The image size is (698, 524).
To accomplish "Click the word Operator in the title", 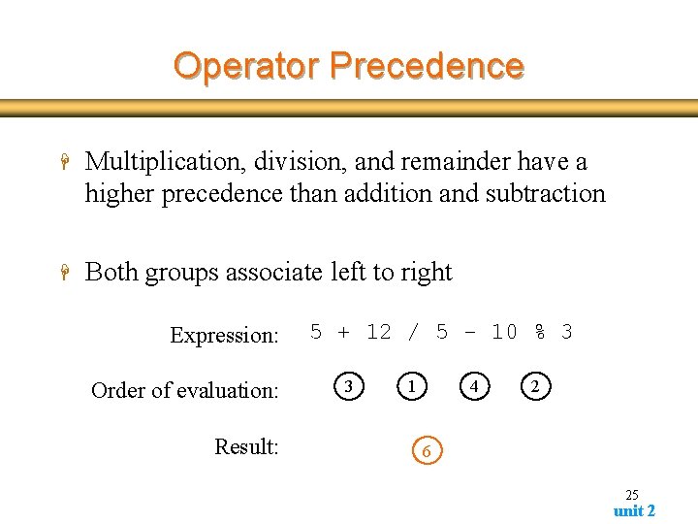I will [x=246, y=66].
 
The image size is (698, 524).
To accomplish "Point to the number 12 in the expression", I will [x=378, y=332].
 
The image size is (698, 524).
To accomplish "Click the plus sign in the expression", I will [x=344, y=332].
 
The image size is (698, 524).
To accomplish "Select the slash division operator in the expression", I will [x=414, y=332].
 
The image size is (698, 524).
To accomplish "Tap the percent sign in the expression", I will [x=539, y=332].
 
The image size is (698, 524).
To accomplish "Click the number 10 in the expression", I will [x=504, y=332].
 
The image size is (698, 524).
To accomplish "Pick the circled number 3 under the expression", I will [x=349, y=387].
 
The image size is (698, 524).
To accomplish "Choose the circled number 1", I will [x=412, y=387].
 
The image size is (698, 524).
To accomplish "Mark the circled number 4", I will [x=473, y=387].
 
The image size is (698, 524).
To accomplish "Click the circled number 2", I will [x=535, y=387].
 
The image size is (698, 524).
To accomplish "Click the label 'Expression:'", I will [x=224, y=336].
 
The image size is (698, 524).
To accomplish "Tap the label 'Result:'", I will [x=246, y=446].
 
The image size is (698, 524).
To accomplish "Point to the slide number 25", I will [x=631, y=495].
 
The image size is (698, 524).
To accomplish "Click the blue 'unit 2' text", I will [x=634, y=511].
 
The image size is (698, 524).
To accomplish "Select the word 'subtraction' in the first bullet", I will [x=549, y=193].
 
